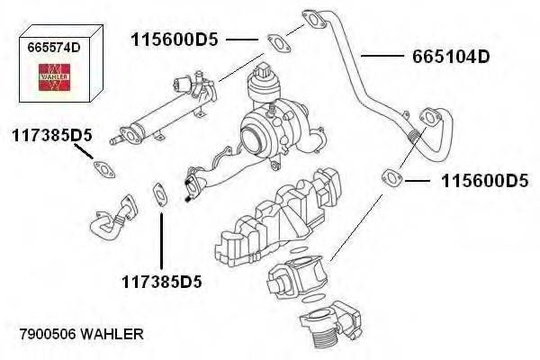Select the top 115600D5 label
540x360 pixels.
175,40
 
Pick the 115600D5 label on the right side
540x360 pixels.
484,181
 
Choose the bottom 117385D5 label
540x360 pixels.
162,282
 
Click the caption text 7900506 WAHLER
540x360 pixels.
81,334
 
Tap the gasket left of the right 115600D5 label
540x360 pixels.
392,176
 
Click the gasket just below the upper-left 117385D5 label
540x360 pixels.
105,168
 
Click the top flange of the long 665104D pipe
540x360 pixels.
310,19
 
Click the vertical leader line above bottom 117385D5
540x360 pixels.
161,238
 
